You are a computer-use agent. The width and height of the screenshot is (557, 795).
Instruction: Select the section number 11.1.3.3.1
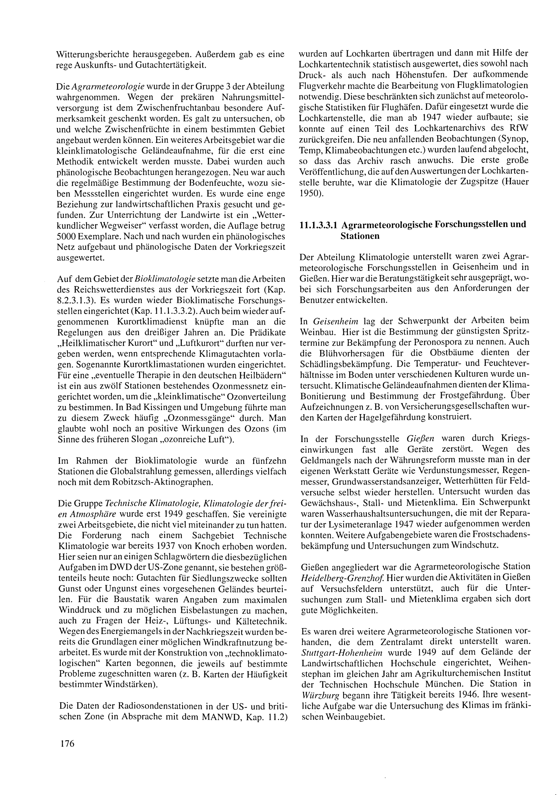click(318, 225)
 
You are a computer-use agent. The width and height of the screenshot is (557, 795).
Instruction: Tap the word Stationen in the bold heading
click(360, 236)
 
